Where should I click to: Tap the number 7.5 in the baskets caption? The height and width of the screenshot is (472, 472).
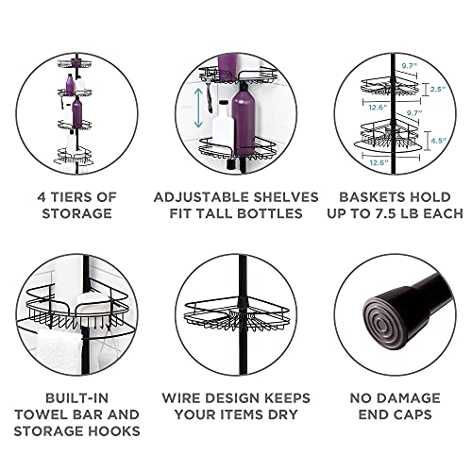[388, 213]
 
